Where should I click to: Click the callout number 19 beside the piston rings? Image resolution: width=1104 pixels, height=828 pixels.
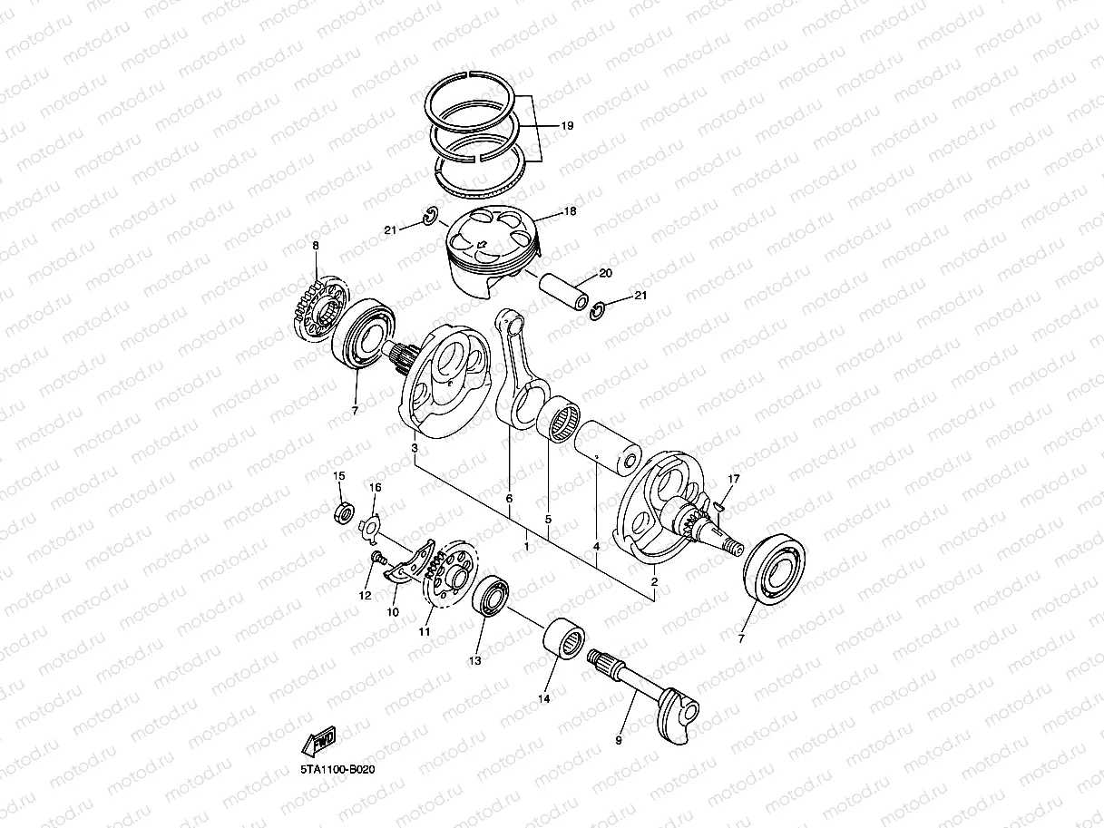pyautogui.click(x=567, y=126)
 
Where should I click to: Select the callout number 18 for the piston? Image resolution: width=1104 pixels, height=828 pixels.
pyautogui.click(x=570, y=211)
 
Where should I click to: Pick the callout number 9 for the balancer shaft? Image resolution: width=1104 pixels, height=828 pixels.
pyautogui.click(x=619, y=741)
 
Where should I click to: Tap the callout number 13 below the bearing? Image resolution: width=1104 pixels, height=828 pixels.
pyautogui.click(x=474, y=661)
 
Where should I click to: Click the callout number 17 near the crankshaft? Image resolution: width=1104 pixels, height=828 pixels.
pyautogui.click(x=735, y=478)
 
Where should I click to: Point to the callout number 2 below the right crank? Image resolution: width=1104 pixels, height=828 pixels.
pyautogui.click(x=655, y=581)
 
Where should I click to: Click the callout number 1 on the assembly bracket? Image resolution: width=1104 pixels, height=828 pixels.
pyautogui.click(x=527, y=547)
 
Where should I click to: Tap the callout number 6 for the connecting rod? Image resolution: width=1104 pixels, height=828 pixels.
pyautogui.click(x=509, y=499)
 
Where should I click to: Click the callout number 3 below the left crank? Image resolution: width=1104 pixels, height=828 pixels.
pyautogui.click(x=414, y=448)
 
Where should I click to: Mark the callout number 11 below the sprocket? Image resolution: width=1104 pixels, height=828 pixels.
pyautogui.click(x=424, y=632)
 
